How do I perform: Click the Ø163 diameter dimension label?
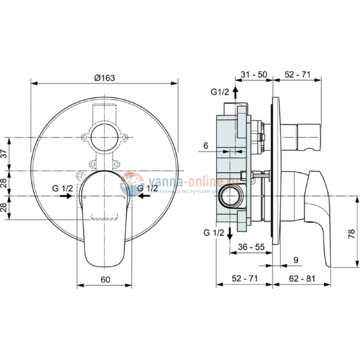coord(105,78)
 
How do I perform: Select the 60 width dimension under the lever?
coord(105,279)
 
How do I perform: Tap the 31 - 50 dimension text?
coord(255,74)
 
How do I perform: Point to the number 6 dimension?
coord(205,146)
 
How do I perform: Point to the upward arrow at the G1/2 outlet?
coord(235,93)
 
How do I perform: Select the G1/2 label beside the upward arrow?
coord(219,91)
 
